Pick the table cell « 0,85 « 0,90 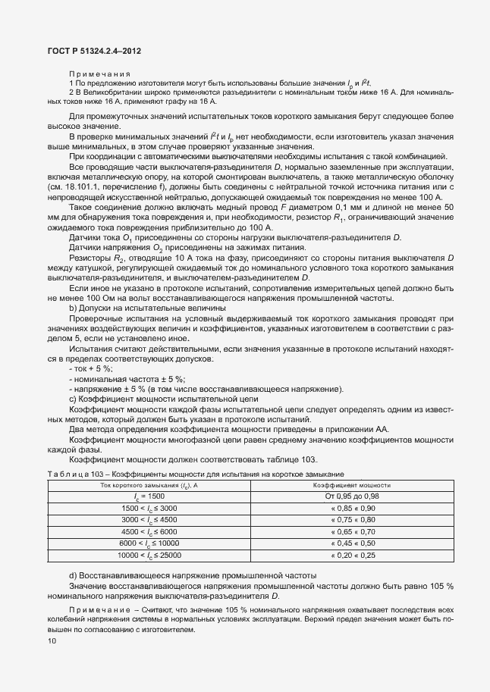pos(350,507)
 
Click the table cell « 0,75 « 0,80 pos(350,519)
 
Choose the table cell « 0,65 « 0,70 pos(350,531)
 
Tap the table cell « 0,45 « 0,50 pos(350,543)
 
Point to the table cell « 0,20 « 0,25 pos(350,556)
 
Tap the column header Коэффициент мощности pos(350,484)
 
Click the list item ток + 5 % pos(90,368)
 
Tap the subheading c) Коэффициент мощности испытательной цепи pos(164,399)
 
